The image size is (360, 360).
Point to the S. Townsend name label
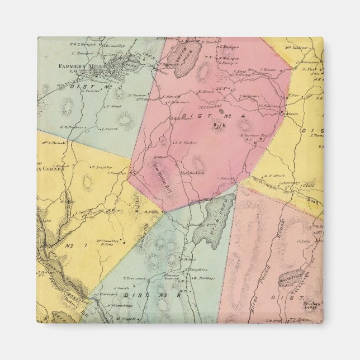point(135,277)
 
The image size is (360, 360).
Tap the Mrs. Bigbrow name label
point(301,48)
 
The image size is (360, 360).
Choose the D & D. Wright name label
point(81,44)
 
